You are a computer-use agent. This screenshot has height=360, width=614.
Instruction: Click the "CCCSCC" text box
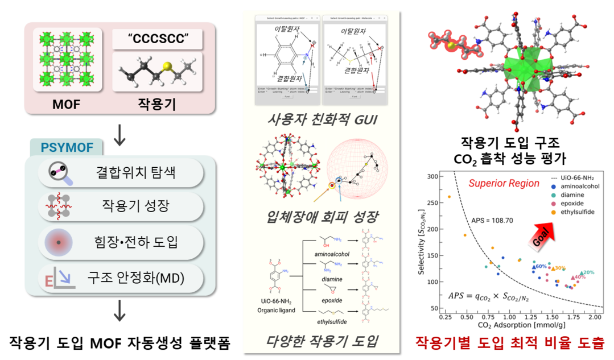(157, 39)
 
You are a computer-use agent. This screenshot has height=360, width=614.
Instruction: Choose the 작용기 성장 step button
(120, 206)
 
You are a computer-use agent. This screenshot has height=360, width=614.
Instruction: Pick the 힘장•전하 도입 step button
(120, 242)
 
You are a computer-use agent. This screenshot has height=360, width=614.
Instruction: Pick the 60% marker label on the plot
(540, 266)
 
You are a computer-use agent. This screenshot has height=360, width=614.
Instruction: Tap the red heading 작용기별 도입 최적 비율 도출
(509, 342)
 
